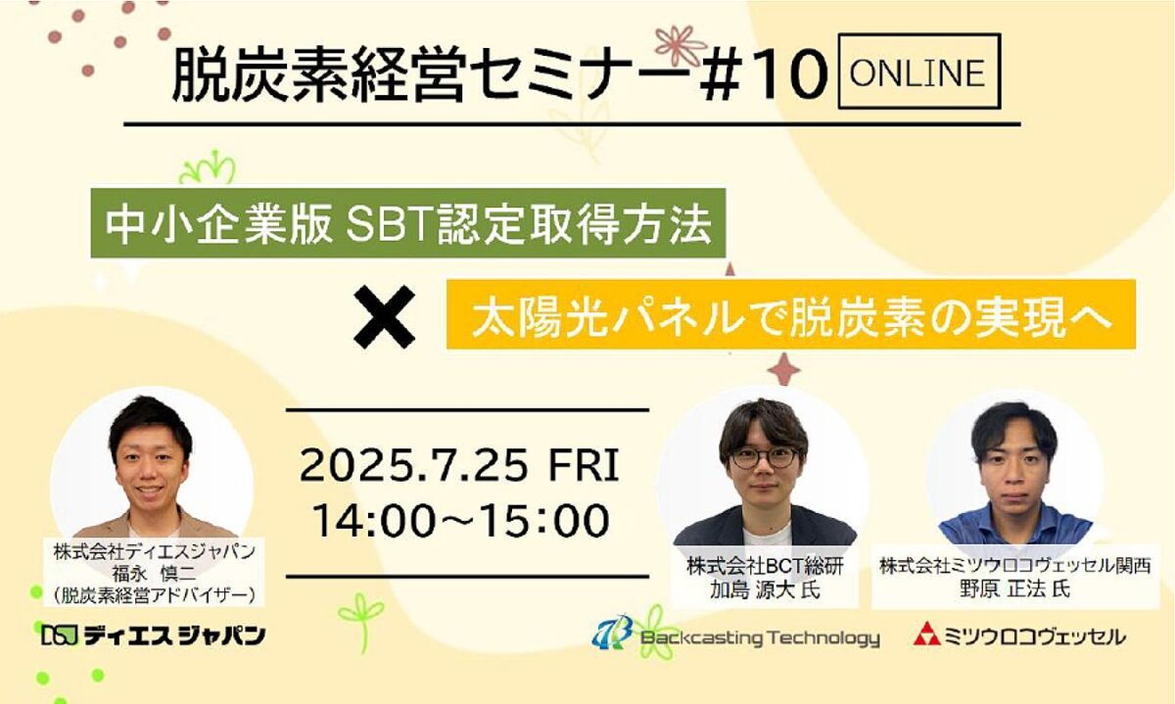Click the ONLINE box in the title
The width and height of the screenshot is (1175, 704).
pyautogui.click(x=919, y=71)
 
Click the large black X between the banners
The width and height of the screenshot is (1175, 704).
pyautogui.click(x=385, y=317)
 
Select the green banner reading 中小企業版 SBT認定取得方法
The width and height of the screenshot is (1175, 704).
pyautogui.click(x=408, y=223)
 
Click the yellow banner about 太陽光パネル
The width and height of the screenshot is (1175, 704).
pyautogui.click(x=791, y=314)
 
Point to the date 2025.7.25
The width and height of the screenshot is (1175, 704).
pyautogui.click(x=413, y=465)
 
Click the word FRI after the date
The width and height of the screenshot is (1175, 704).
pyautogui.click(x=584, y=465)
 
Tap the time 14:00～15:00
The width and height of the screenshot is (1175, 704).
pyautogui.click(x=460, y=520)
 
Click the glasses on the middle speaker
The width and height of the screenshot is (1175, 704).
pyautogui.click(x=765, y=457)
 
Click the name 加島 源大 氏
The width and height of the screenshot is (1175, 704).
pyautogui.click(x=765, y=590)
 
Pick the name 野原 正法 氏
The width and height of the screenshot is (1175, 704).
pyautogui.click(x=1015, y=589)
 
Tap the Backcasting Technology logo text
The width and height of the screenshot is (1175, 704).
pyautogui.click(x=760, y=637)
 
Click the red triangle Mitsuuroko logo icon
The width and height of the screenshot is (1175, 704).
pyautogui.click(x=927, y=634)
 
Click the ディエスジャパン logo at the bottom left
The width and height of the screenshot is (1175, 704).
pyautogui.click(x=153, y=635)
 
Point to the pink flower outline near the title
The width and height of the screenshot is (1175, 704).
pyautogui.click(x=680, y=45)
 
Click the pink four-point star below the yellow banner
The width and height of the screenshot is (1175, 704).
pyautogui.click(x=783, y=369)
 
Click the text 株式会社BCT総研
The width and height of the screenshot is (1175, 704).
pyautogui.click(x=765, y=567)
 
